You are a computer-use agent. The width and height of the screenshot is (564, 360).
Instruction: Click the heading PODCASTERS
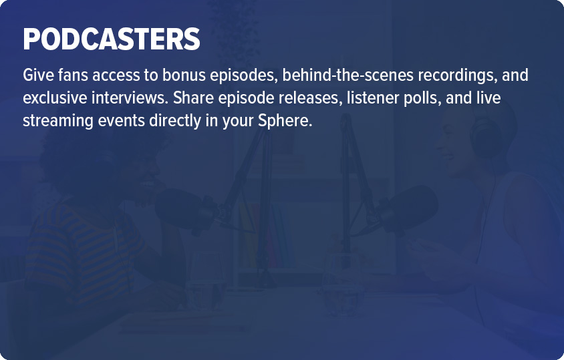coord(112,39)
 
